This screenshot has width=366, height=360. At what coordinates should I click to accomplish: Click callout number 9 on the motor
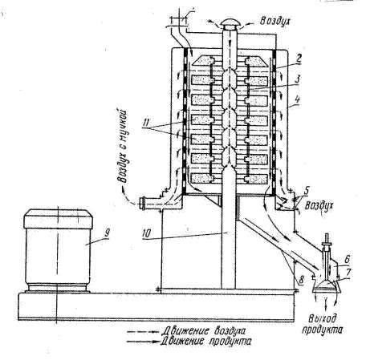click(107, 233)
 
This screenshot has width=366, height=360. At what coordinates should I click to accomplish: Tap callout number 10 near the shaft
click(147, 233)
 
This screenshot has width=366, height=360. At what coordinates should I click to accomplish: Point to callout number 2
click(299, 59)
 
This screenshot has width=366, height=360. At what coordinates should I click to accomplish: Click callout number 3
click(297, 79)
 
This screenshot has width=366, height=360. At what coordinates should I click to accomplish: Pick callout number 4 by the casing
click(297, 100)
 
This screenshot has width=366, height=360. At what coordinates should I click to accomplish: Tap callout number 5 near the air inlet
click(306, 191)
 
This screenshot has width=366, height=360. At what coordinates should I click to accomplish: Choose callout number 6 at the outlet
click(347, 259)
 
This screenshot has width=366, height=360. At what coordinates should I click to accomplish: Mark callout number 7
click(348, 273)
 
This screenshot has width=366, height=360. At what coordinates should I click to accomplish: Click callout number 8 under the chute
click(301, 280)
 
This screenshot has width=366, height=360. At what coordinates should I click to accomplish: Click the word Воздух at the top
click(274, 21)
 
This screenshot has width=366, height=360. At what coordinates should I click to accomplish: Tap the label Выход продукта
click(323, 324)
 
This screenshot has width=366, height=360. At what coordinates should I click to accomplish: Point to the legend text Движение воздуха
click(203, 331)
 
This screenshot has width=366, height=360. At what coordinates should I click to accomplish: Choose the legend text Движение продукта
click(206, 342)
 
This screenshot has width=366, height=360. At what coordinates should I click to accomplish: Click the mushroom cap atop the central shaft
click(230, 24)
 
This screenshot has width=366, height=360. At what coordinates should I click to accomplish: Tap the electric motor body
click(58, 251)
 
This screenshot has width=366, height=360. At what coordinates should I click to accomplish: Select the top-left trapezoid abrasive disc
click(203, 60)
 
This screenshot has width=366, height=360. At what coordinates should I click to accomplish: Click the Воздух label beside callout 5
click(319, 206)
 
